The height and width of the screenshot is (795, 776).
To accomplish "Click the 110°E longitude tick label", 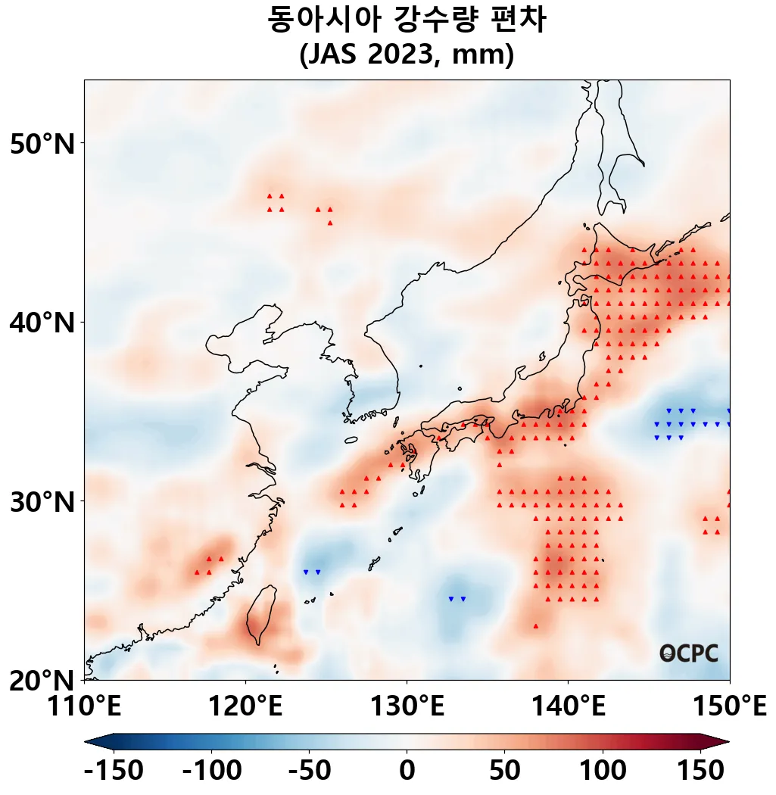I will click(x=84, y=708).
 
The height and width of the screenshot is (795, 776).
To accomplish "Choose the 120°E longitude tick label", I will click(x=245, y=708).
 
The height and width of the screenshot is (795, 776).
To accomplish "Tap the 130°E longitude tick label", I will click(x=407, y=708).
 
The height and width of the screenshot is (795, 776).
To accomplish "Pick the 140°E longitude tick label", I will click(x=568, y=708).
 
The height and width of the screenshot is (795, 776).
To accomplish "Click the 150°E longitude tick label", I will click(x=729, y=708).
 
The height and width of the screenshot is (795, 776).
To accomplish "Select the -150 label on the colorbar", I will click(x=114, y=771).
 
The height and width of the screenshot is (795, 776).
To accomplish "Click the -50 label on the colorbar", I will click(x=309, y=771).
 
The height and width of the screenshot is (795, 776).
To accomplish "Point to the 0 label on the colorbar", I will click(x=407, y=771).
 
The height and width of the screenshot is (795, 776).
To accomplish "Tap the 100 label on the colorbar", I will click(x=603, y=771).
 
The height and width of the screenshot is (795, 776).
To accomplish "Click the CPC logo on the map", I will click(x=688, y=653).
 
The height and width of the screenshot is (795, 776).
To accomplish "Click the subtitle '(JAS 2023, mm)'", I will click(x=407, y=55).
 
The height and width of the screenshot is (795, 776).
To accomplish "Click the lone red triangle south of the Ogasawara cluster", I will click(x=536, y=626).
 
